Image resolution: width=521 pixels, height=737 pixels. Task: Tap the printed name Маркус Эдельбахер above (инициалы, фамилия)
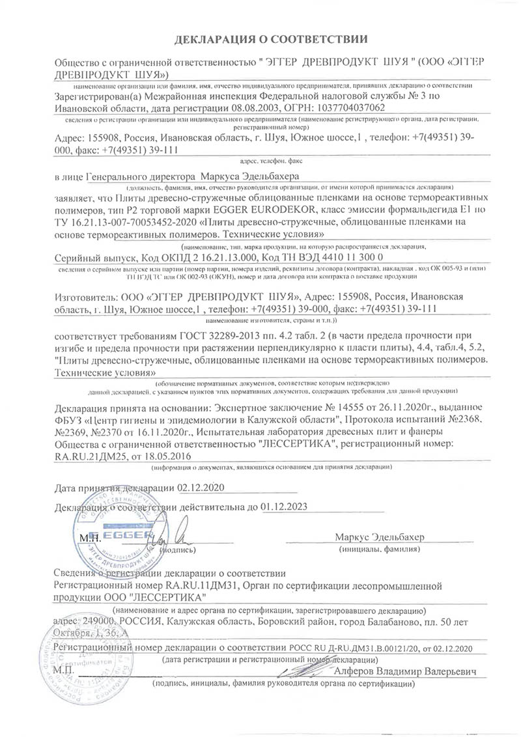tap(379, 538)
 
